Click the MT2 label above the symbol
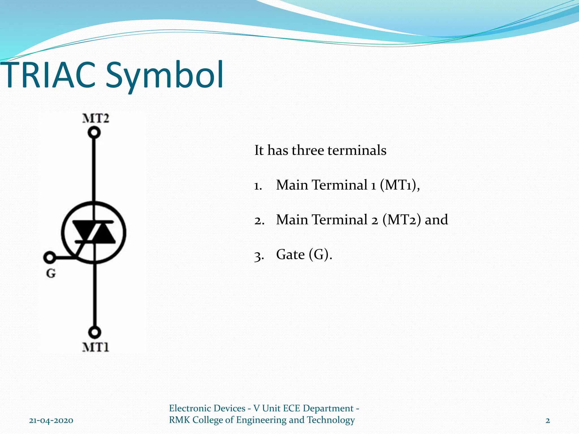pyautogui.click(x=96, y=118)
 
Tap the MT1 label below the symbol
pyautogui.click(x=96, y=347)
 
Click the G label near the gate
pyautogui.click(x=51, y=273)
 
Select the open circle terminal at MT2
pyautogui.click(x=94, y=132)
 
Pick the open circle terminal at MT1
pyautogui.click(x=94, y=332)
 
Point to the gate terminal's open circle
pyautogui.click(x=49, y=257)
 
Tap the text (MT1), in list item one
pyautogui.click(x=399, y=185)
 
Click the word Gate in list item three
pyautogui.click(x=290, y=254)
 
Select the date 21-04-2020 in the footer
pyautogui.click(x=51, y=420)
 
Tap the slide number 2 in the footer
pyautogui.click(x=548, y=420)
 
